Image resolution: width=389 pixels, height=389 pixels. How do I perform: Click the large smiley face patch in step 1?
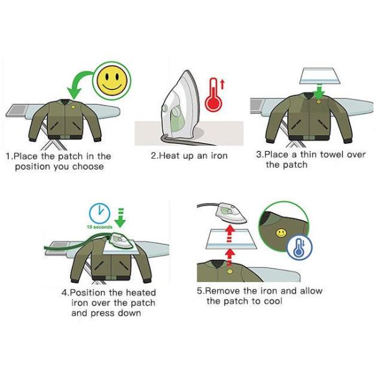(112, 80)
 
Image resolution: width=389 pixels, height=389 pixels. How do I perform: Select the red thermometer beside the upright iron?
(213, 95)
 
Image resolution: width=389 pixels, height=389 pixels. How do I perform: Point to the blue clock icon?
(99, 213)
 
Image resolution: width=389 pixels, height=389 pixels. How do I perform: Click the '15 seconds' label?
(99, 227)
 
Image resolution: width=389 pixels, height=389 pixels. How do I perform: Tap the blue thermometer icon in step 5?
(300, 248)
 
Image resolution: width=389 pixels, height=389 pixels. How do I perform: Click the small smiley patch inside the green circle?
(281, 233)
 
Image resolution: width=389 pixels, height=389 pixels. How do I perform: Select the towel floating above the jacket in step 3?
(320, 76)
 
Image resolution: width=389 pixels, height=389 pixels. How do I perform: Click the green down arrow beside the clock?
(121, 218)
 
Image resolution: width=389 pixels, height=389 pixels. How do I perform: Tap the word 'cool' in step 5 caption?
(273, 301)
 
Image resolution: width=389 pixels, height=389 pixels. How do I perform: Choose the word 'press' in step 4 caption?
(102, 313)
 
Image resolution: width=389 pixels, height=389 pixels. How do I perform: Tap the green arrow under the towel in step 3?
(319, 91)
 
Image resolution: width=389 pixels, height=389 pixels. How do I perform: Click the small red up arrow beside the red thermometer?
(222, 84)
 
